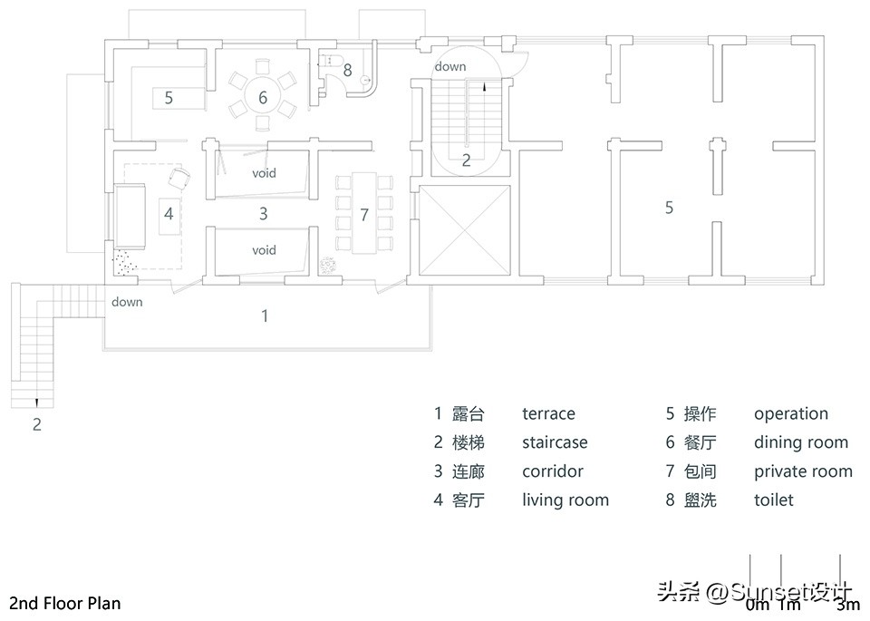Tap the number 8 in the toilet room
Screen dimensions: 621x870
pos(347,69)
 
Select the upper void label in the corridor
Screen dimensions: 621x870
pos(264,172)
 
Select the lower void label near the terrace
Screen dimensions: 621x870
pos(264,249)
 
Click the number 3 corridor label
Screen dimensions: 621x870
pos(264,214)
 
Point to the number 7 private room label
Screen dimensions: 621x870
pos(364,215)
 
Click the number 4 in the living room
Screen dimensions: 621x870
pos(169,214)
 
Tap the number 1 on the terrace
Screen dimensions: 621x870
pos(265,315)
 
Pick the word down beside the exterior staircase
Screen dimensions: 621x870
pos(127,302)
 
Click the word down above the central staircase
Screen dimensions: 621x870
pos(450,66)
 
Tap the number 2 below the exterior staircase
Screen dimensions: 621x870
pos(37,423)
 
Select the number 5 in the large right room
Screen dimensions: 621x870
pos(669,208)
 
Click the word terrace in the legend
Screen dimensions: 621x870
pos(548,414)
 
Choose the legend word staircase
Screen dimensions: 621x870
pos(555,443)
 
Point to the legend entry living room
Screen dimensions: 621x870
pos(565,500)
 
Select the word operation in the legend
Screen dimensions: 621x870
pos(790,414)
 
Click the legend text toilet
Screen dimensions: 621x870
pos(773,500)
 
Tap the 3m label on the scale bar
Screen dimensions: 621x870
pos(847,605)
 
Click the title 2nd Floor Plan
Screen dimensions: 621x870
pos(64,603)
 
